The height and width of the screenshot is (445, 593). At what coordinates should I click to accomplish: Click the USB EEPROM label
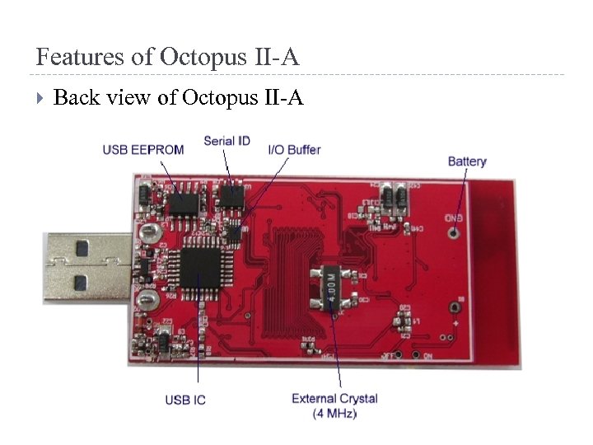(x=142, y=150)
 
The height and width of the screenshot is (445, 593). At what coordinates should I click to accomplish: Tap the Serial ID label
(x=226, y=141)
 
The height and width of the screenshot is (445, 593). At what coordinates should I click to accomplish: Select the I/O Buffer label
(x=294, y=150)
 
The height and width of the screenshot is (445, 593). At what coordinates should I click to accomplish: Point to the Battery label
(x=467, y=162)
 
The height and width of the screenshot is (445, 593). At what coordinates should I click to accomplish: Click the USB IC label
(x=185, y=400)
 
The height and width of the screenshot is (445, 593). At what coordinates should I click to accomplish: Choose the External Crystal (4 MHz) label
(x=334, y=405)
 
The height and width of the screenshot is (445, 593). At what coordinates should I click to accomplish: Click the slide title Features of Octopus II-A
(x=168, y=58)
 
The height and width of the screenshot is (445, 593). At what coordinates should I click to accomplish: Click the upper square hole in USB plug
(x=82, y=246)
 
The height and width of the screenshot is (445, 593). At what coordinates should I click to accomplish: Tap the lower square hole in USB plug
(x=82, y=283)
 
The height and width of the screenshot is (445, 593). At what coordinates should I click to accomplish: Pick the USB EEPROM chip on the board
(x=184, y=199)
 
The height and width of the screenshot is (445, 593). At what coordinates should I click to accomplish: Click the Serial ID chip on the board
(x=231, y=196)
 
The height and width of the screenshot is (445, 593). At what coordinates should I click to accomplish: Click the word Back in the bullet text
(x=75, y=99)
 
